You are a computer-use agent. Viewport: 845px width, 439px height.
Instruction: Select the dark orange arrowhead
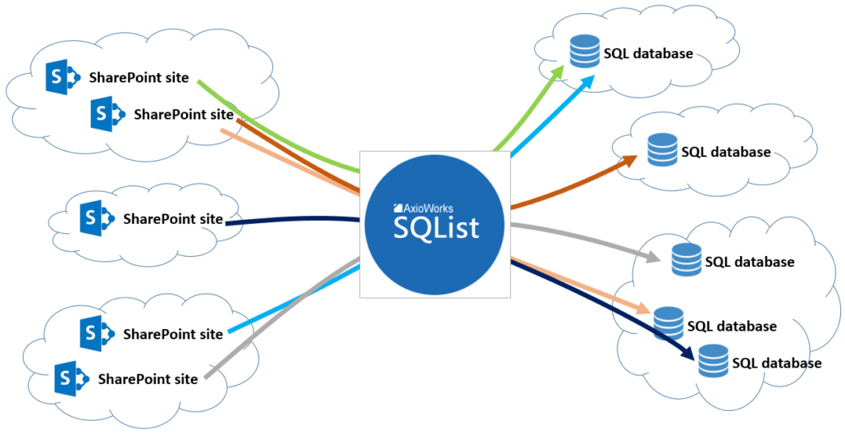coord(629,160)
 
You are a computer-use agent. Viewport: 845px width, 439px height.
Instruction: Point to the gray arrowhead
coord(652,257)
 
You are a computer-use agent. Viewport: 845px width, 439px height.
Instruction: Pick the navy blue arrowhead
coord(687,353)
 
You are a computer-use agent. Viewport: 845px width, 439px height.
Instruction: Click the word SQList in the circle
coord(436,228)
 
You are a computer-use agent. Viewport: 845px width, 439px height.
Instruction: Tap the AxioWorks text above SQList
coord(423,208)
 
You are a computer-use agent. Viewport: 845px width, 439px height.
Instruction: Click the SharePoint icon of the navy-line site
coord(97,218)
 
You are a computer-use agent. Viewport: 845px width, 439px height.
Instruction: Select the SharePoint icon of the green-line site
coord(63,77)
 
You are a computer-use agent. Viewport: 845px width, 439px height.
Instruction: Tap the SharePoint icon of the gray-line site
coord(71,379)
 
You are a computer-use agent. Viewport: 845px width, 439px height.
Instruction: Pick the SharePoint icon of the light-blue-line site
coord(97,334)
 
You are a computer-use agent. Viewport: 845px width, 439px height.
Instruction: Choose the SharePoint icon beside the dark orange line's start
coord(108,114)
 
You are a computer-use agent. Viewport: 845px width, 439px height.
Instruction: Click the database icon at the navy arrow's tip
coord(713,361)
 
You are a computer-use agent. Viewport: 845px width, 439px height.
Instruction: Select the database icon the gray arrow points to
coord(687,259)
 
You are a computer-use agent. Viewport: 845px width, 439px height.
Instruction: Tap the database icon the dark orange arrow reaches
coord(662,149)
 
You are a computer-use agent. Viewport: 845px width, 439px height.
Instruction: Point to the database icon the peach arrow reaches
coord(669,323)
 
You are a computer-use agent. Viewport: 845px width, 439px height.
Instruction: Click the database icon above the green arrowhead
coord(585,51)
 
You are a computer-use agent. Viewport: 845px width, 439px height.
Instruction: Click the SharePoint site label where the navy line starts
coord(173,219)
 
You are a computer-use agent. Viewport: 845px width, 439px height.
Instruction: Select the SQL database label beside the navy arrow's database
coord(777,363)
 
